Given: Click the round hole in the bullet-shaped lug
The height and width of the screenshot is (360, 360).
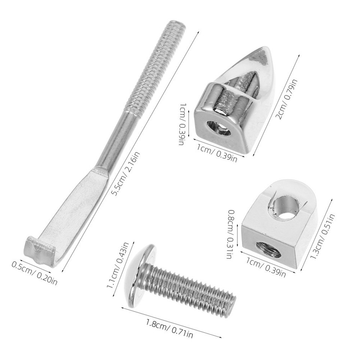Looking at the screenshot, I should (x=219, y=128).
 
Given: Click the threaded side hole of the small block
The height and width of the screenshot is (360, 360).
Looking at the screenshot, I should (x=268, y=249).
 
